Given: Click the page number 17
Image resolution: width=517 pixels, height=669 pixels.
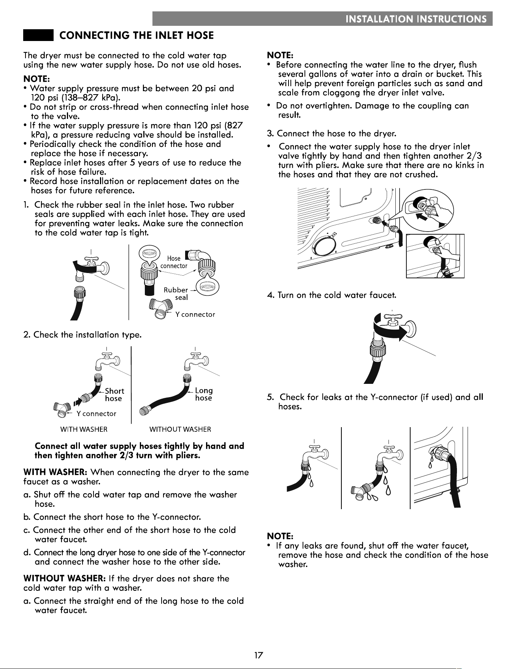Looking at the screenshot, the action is [x=259, y=655].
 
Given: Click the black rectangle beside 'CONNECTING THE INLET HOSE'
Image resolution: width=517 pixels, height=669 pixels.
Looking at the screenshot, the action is [x=38, y=35].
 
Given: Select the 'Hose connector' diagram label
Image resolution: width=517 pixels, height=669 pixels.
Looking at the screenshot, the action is [x=174, y=262].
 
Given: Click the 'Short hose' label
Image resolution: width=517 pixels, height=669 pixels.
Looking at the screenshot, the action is [x=114, y=394].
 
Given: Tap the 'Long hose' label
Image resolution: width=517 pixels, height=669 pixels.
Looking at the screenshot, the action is [x=204, y=394].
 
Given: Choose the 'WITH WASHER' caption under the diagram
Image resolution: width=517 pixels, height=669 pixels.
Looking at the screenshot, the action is [x=84, y=429].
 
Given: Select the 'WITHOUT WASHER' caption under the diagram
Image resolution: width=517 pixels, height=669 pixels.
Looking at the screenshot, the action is [x=180, y=429].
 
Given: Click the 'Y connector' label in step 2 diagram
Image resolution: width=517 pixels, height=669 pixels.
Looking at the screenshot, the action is [x=96, y=413].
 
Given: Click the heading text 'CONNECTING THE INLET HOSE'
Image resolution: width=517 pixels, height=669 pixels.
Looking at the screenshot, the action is [x=137, y=36].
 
